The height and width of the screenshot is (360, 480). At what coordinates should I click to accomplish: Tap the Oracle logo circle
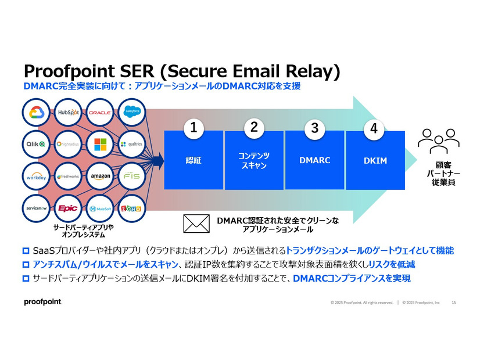coord(100,112)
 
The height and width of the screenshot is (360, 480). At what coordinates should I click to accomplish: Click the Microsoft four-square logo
coord(100,143)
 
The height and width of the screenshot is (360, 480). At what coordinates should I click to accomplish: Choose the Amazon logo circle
coord(100,175)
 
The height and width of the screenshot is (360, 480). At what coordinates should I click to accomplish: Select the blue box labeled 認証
coord(194,160)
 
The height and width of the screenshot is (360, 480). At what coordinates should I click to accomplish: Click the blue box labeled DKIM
coord(375,160)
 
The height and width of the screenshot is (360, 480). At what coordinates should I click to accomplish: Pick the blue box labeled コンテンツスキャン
coord(254,160)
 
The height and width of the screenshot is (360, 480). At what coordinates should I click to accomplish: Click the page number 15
coord(453,302)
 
